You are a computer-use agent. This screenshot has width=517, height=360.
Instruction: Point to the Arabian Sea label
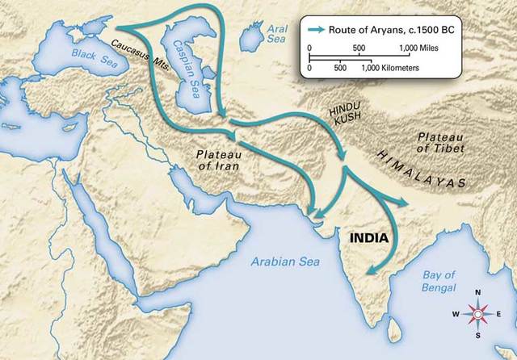point(284,262)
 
